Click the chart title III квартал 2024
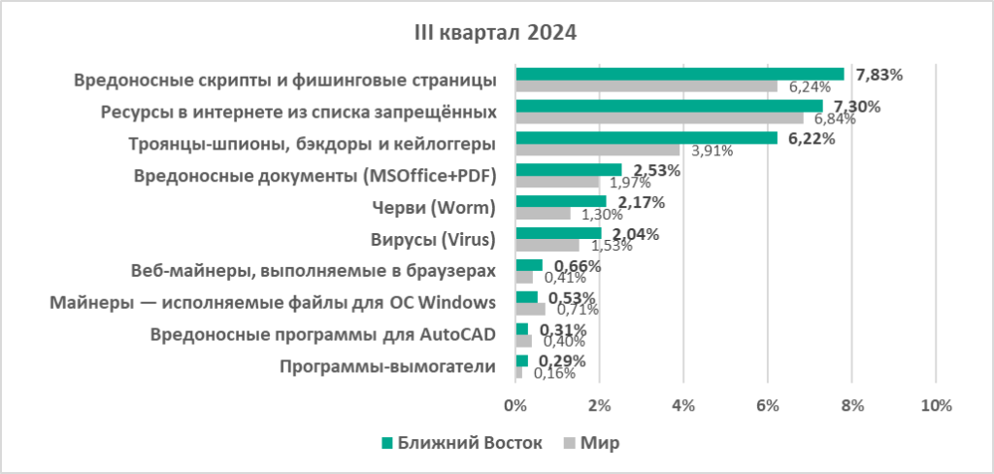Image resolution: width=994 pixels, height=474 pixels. point(496,33)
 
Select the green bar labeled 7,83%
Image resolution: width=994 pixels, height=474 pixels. point(679,74)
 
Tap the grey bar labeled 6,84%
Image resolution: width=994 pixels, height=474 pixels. point(659,118)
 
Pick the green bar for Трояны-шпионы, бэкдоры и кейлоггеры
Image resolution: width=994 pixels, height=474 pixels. point(646,137)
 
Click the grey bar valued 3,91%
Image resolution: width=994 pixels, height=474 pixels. point(597,150)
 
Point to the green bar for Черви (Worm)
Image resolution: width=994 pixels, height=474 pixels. point(560,201)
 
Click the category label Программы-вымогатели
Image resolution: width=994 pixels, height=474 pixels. point(387,366)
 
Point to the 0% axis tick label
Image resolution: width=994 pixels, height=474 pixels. point(515,404)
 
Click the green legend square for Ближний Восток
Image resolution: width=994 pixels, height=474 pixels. point(388,443)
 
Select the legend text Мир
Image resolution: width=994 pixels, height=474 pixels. point(600,443)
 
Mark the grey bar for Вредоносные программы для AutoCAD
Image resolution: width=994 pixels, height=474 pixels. point(523,341)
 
